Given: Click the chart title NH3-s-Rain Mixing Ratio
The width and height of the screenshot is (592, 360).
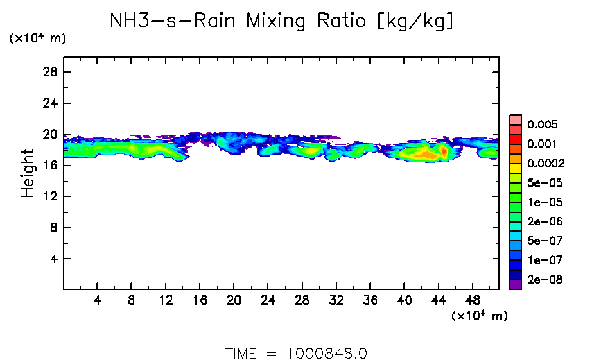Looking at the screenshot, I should (x=283, y=22).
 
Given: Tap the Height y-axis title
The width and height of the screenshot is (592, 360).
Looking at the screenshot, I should (x=28, y=172).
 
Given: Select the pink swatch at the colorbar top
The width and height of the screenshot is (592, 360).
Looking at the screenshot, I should (x=515, y=119).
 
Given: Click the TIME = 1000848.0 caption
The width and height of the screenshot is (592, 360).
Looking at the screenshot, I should (x=296, y=352).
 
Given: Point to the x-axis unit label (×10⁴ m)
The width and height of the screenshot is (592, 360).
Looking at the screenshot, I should (x=480, y=316).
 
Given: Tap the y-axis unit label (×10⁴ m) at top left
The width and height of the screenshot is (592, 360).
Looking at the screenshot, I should (x=37, y=39).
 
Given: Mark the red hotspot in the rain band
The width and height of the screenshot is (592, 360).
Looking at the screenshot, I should (x=444, y=151).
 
